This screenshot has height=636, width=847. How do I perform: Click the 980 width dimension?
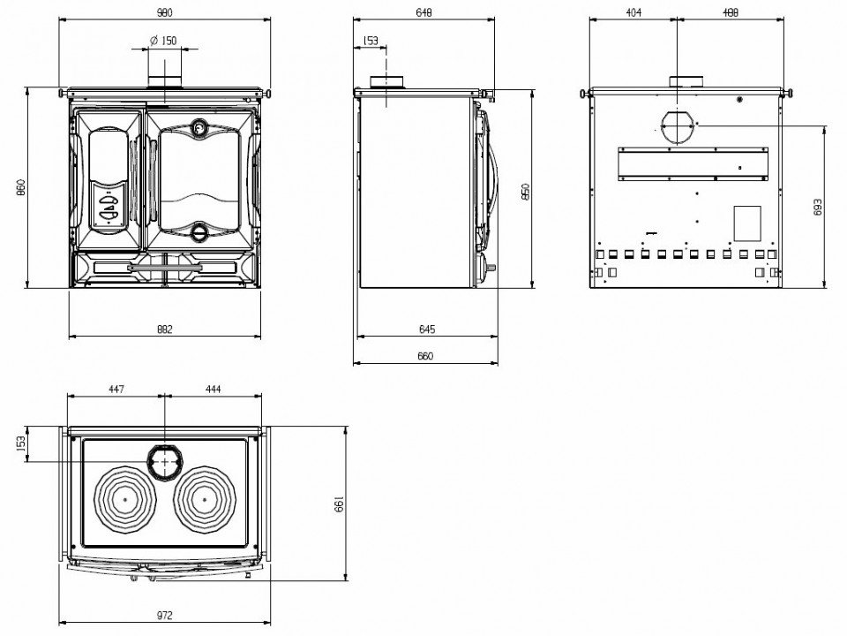pos(165,11)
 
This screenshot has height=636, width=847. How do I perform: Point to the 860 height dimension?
pos(20,187)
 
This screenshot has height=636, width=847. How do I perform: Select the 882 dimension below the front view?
pos(165,329)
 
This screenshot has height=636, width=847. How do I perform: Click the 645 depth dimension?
pos(427,329)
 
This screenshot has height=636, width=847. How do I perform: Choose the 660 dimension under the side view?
pos(425,356)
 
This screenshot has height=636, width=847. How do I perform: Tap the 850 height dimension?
pos(526,192)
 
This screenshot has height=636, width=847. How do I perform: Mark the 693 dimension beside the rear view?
pos(817,207)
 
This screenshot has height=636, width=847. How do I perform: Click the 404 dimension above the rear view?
pos(633,11)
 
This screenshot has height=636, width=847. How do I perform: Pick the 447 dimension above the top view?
pos(116,389)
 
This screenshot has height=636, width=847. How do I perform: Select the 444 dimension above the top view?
pos(214,389)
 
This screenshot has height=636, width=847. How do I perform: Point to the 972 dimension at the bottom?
pos(165,615)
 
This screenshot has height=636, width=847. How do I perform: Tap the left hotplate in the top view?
pos(125,498)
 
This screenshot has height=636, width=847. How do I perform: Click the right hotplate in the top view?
pos(206,498)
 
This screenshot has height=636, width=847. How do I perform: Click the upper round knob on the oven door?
pos(199,127)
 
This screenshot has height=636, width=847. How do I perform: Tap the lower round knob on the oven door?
pos(199,231)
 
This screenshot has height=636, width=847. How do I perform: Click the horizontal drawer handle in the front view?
pos(165,267)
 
